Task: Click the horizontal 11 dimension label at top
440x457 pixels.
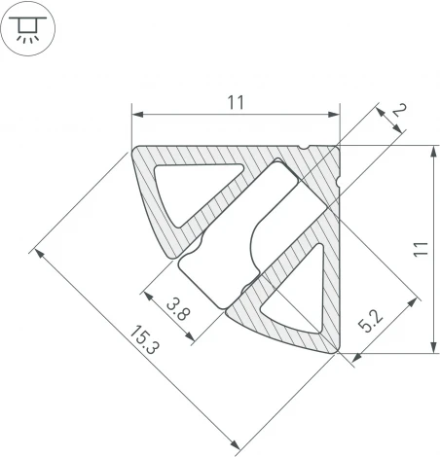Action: click(236, 101)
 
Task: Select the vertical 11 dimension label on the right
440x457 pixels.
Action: click(418, 249)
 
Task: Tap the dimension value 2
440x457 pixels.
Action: click(397, 114)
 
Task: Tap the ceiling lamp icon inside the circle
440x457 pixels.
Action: click(30, 30)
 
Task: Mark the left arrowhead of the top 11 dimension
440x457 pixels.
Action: click(135, 116)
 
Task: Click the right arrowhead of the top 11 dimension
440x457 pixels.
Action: click(336, 116)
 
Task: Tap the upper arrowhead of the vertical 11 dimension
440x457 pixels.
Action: click(432, 149)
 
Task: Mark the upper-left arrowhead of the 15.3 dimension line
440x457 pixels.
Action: click(37, 252)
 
